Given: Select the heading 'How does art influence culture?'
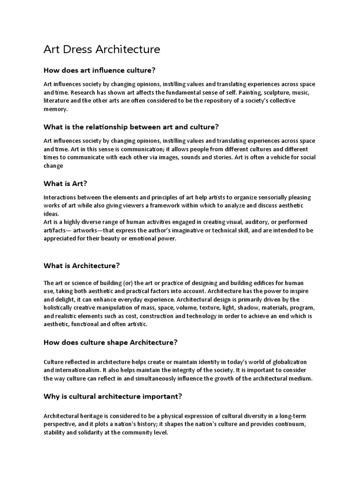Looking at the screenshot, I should pyautogui.click(x=99, y=70).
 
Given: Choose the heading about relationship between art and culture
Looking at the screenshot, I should pyautogui.click(x=131, y=127).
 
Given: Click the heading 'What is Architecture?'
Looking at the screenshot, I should pyautogui.click(x=82, y=266).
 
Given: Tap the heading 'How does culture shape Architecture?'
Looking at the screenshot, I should pyautogui.click(x=110, y=342).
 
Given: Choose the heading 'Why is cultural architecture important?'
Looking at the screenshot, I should pyautogui.click(x=112, y=397).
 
